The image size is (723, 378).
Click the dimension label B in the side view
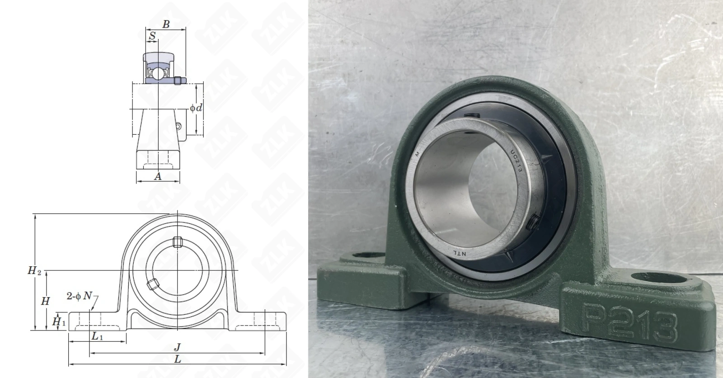tap(166, 24)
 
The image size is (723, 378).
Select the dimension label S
tap(152, 36)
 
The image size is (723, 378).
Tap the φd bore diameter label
tap(196, 108)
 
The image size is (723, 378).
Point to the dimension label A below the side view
tap(158, 176)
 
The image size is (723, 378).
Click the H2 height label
tap(34, 270)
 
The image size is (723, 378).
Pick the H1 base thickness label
tap(59, 321)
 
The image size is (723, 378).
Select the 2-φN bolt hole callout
tap(80, 296)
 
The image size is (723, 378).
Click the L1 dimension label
tap(97, 336)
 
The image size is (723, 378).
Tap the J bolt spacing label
tap(177, 347)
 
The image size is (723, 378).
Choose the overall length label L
tap(178, 359)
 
